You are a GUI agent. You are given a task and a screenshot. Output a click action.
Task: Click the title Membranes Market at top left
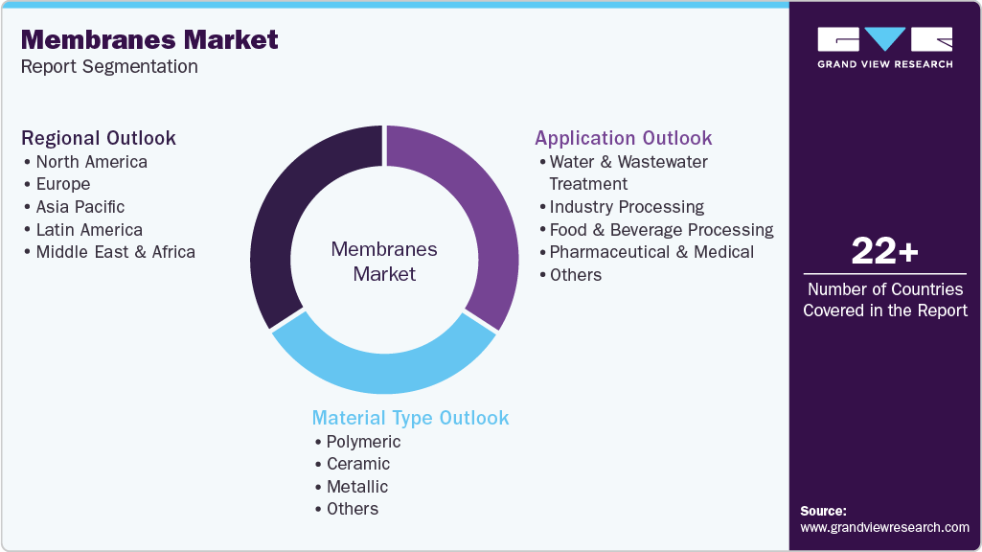tap(149, 39)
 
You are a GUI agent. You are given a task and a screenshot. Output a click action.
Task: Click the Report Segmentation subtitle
tap(109, 67)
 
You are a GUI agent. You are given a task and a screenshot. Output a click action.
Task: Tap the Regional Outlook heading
tap(99, 138)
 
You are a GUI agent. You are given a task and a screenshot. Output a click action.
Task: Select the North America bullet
tap(91, 161)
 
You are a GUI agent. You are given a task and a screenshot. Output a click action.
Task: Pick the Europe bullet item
tap(62, 184)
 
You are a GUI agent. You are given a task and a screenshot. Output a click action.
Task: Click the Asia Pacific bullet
tap(80, 207)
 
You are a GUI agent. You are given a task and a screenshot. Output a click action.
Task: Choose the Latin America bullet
tap(88, 230)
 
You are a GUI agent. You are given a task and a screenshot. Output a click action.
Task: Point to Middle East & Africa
tap(115, 252)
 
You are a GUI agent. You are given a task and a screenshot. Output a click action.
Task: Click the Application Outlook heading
tap(623, 138)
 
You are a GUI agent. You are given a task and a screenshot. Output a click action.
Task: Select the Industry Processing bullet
tap(627, 207)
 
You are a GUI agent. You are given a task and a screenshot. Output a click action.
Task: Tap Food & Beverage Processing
tap(661, 230)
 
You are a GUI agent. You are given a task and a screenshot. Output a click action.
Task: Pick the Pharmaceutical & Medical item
tap(651, 252)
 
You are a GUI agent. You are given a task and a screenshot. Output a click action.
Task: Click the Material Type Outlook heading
tap(410, 418)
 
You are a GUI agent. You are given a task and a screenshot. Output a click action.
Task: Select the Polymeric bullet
tap(363, 442)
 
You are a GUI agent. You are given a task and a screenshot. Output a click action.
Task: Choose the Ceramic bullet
tap(357, 464)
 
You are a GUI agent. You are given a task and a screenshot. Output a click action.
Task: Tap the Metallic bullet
tap(356, 487)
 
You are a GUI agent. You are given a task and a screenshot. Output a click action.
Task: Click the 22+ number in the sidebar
tap(884, 252)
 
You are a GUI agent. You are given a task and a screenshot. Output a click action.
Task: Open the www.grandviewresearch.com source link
tap(884, 527)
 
